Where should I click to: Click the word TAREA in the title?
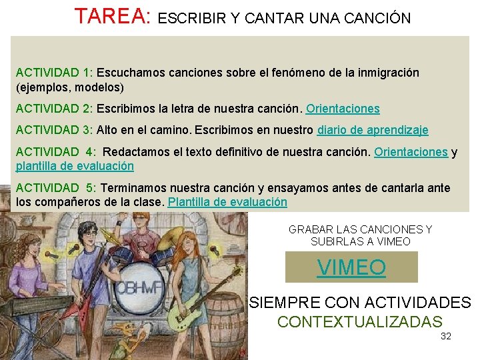pyautogui.click(x=112, y=16)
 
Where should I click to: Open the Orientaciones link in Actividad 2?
pyautogui.click(x=343, y=108)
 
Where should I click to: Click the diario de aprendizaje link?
pyautogui.click(x=373, y=130)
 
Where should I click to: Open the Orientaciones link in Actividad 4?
pyautogui.click(x=411, y=152)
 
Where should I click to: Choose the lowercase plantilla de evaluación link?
pyautogui.click(x=75, y=166)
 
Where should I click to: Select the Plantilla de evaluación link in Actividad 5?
pyautogui.click(x=227, y=201)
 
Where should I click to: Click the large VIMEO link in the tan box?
pyautogui.click(x=351, y=267)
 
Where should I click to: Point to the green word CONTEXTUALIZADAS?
pyautogui.click(x=359, y=321)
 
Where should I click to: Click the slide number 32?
pyautogui.click(x=446, y=336)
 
